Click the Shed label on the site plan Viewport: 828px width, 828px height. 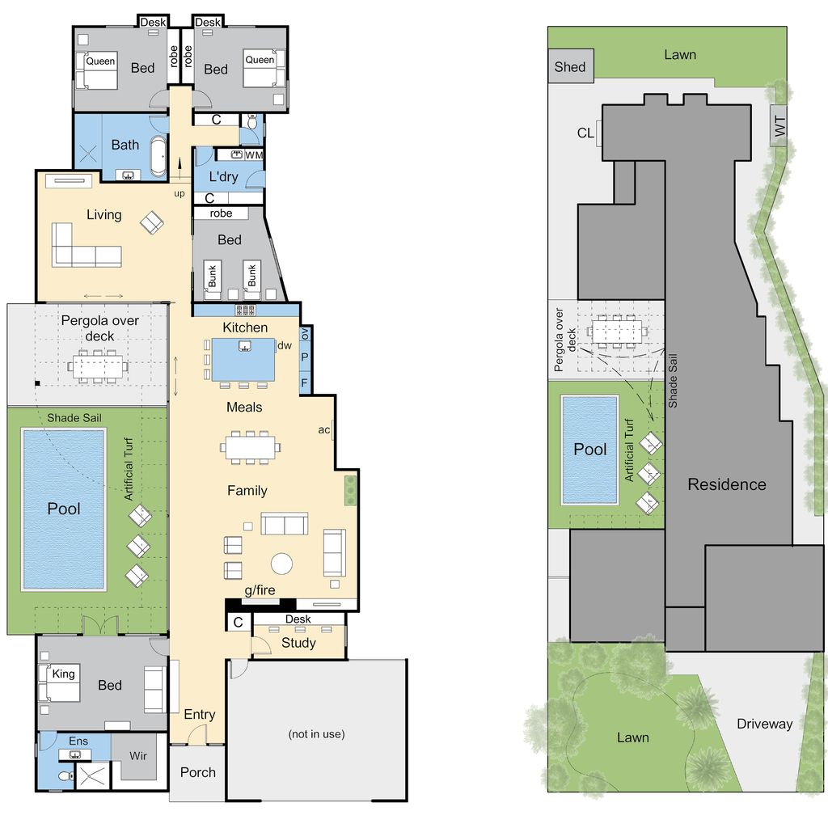(x=570, y=67)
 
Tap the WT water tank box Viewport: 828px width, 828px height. (x=779, y=126)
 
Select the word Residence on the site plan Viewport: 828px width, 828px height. (x=727, y=484)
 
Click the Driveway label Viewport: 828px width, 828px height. (x=765, y=724)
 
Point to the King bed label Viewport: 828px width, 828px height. (x=63, y=674)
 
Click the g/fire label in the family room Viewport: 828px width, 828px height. (x=260, y=590)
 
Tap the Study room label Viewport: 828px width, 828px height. (x=298, y=643)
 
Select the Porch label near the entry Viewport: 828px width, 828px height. (x=198, y=772)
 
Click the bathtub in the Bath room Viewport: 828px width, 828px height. (x=159, y=156)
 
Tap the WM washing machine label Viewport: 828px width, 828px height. (x=254, y=154)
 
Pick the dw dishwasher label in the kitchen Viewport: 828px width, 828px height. (x=284, y=345)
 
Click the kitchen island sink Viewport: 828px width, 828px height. (x=244, y=346)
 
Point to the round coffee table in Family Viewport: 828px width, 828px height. (x=281, y=564)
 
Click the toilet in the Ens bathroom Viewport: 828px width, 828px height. (x=65, y=776)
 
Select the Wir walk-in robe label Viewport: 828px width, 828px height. (x=137, y=756)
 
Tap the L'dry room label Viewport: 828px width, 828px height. (x=223, y=177)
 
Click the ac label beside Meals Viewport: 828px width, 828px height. (x=323, y=430)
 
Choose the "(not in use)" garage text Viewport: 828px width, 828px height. (x=316, y=734)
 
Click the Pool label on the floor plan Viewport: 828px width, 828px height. (x=63, y=509)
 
